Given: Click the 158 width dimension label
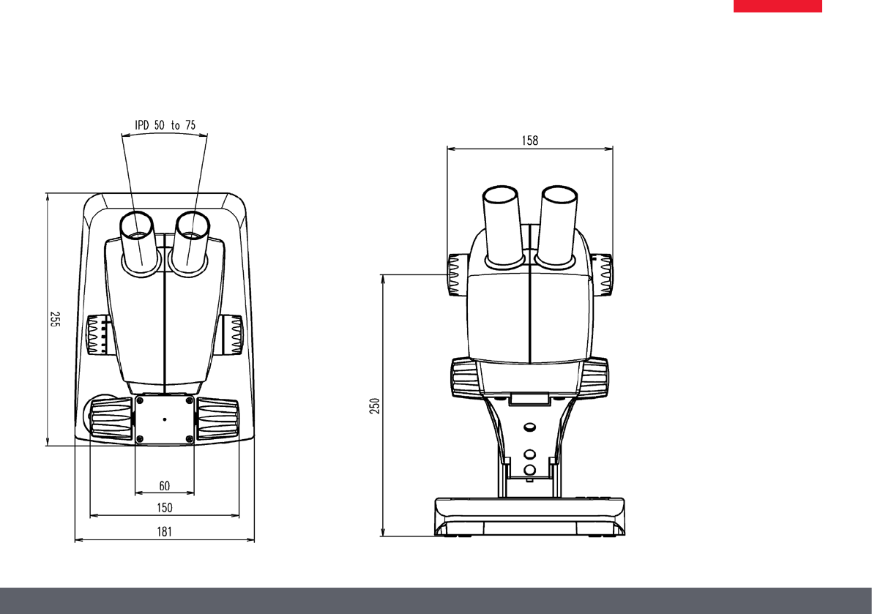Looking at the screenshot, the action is pos(530,141).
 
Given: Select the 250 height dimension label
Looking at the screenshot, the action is pos(376,405).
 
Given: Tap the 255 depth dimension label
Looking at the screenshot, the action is pos(54,319).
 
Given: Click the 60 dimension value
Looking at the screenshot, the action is pos(165,486).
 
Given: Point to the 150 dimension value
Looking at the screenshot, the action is pos(165,508).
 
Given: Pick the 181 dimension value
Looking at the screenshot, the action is pos(165,532).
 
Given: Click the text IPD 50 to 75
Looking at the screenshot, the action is pos(165,125).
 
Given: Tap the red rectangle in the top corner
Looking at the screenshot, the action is pos(778,6).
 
